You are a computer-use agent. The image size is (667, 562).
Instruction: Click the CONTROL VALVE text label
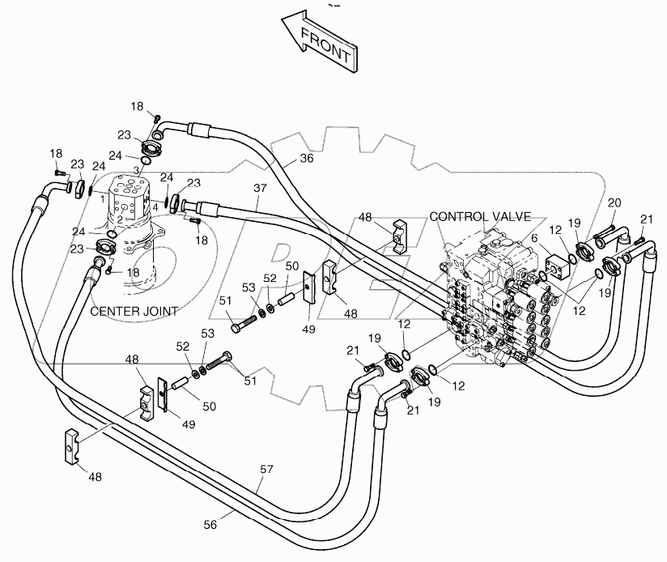pyautogui.click(x=480, y=217)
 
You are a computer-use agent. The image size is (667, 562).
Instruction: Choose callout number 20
pyautogui.click(x=614, y=202)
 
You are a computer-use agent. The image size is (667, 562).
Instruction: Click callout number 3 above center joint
pyautogui.click(x=136, y=170)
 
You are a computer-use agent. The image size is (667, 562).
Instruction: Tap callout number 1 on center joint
pyautogui.click(x=103, y=197)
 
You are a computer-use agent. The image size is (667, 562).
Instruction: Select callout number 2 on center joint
pyautogui.click(x=120, y=219)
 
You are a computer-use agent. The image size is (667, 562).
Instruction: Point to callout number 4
pyautogui.click(x=155, y=206)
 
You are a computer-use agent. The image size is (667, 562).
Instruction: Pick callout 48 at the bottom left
pyautogui.click(x=96, y=478)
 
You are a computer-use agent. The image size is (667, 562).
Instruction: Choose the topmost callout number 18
pyautogui.click(x=138, y=106)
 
